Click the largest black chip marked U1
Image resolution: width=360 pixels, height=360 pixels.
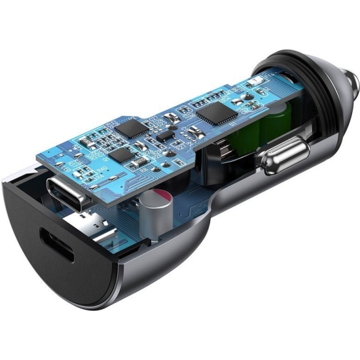click(x=217, y=113)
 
